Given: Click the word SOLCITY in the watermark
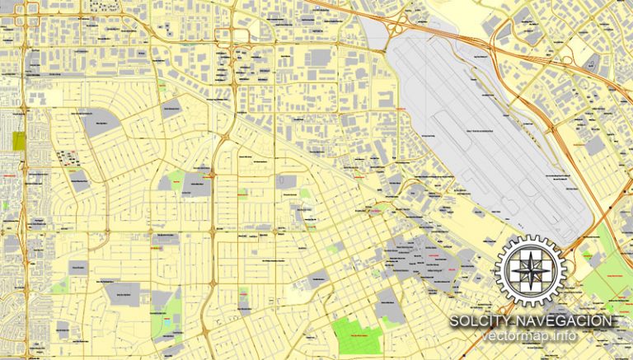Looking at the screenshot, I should click(x=479, y=320).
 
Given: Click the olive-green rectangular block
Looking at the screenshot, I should click(x=19, y=140).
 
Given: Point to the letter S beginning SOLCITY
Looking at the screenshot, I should click(x=454, y=320).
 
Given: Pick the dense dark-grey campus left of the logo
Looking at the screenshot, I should click(x=420, y=255).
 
